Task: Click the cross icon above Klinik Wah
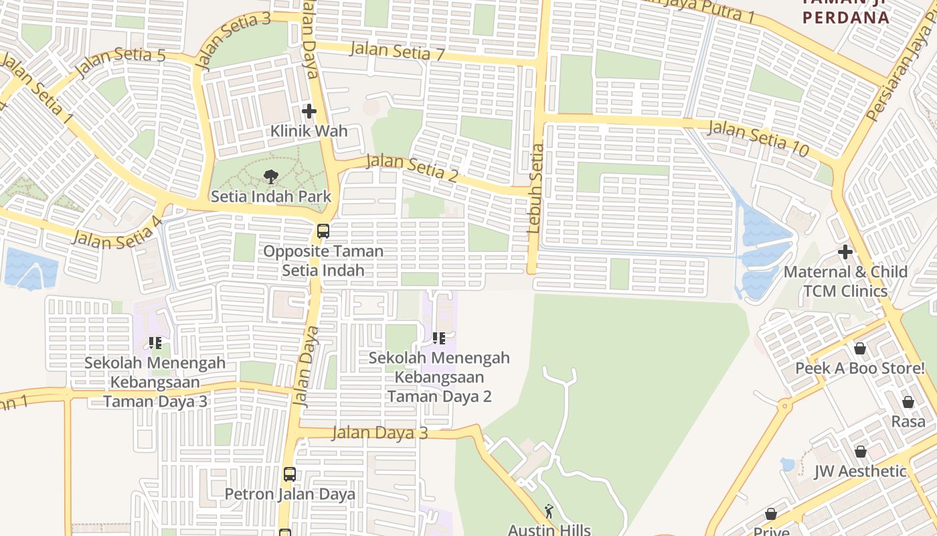pyautogui.click(x=309, y=111)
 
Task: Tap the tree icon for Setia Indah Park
pyautogui.click(x=270, y=178)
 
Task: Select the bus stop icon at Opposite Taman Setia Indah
pyautogui.click(x=323, y=231)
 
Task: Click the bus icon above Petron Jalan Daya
pyautogui.click(x=290, y=474)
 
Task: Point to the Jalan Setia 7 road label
pyautogui.click(x=397, y=52)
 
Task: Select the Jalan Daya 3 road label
pyautogui.click(x=379, y=433)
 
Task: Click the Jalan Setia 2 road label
pyautogui.click(x=412, y=167)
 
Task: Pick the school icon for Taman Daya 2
pyautogui.click(x=439, y=338)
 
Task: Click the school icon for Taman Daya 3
pyautogui.click(x=155, y=344)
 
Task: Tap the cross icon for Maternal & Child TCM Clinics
pyautogui.click(x=845, y=253)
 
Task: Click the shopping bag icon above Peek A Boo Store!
pyautogui.click(x=860, y=349)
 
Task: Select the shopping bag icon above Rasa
pyautogui.click(x=908, y=402)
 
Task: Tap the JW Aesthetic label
pyautogui.click(x=860, y=471)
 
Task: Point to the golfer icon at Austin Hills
pyautogui.click(x=549, y=511)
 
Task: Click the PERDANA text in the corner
pyautogui.click(x=846, y=18)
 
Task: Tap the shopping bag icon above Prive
pyautogui.click(x=771, y=514)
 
